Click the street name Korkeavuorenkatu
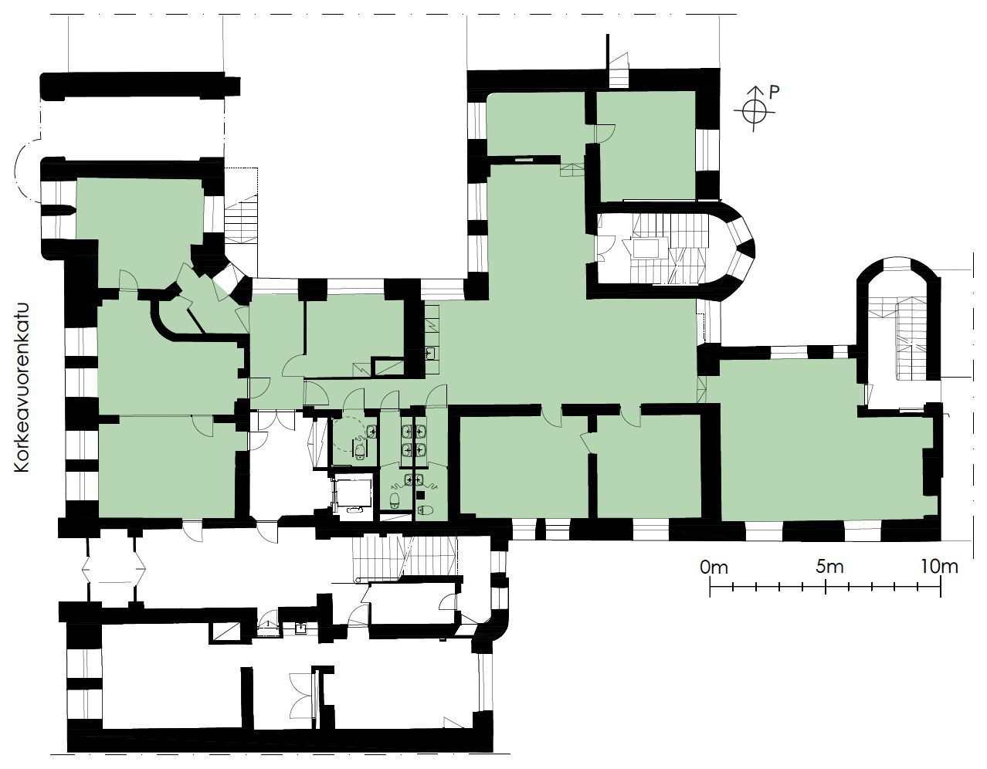22,388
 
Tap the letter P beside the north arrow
774,93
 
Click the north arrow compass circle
754,112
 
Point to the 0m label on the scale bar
714,567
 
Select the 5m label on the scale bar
830,567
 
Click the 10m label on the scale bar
940,567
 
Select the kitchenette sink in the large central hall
432,352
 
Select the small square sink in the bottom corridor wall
301,628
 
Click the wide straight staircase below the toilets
404,557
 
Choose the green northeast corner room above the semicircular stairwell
646,146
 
